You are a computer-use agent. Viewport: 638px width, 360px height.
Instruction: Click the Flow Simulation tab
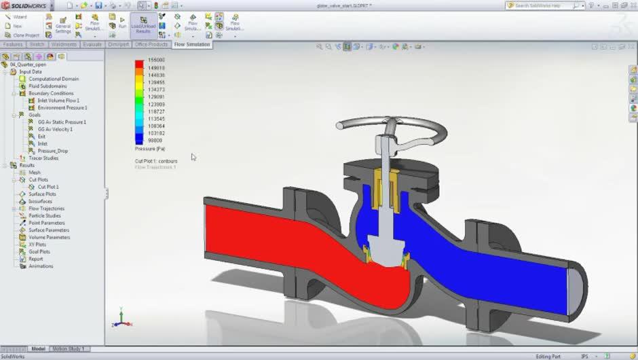[192, 44]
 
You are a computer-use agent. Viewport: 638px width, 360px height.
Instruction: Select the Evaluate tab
[92, 44]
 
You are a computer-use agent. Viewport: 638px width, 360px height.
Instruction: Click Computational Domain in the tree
[54, 79]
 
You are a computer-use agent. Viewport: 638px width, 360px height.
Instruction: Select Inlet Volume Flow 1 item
[58, 101]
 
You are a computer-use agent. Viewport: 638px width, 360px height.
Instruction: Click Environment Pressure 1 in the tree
[62, 107]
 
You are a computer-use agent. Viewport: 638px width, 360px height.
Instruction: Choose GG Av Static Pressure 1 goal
[62, 122]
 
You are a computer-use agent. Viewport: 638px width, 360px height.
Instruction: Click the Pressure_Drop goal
[53, 151]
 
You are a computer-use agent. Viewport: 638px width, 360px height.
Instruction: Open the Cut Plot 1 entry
[48, 187]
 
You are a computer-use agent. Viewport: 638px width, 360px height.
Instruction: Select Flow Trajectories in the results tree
[46, 209]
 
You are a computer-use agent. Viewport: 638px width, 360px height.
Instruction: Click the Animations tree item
[41, 266]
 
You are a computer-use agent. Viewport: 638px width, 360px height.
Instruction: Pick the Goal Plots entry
[39, 252]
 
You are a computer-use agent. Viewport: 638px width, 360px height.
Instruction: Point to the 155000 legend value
[156, 60]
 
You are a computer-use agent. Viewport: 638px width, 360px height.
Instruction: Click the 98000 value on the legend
[155, 141]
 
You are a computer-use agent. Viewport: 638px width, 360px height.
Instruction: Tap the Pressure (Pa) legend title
[150, 148]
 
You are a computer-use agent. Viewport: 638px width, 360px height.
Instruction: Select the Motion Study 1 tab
[69, 348]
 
